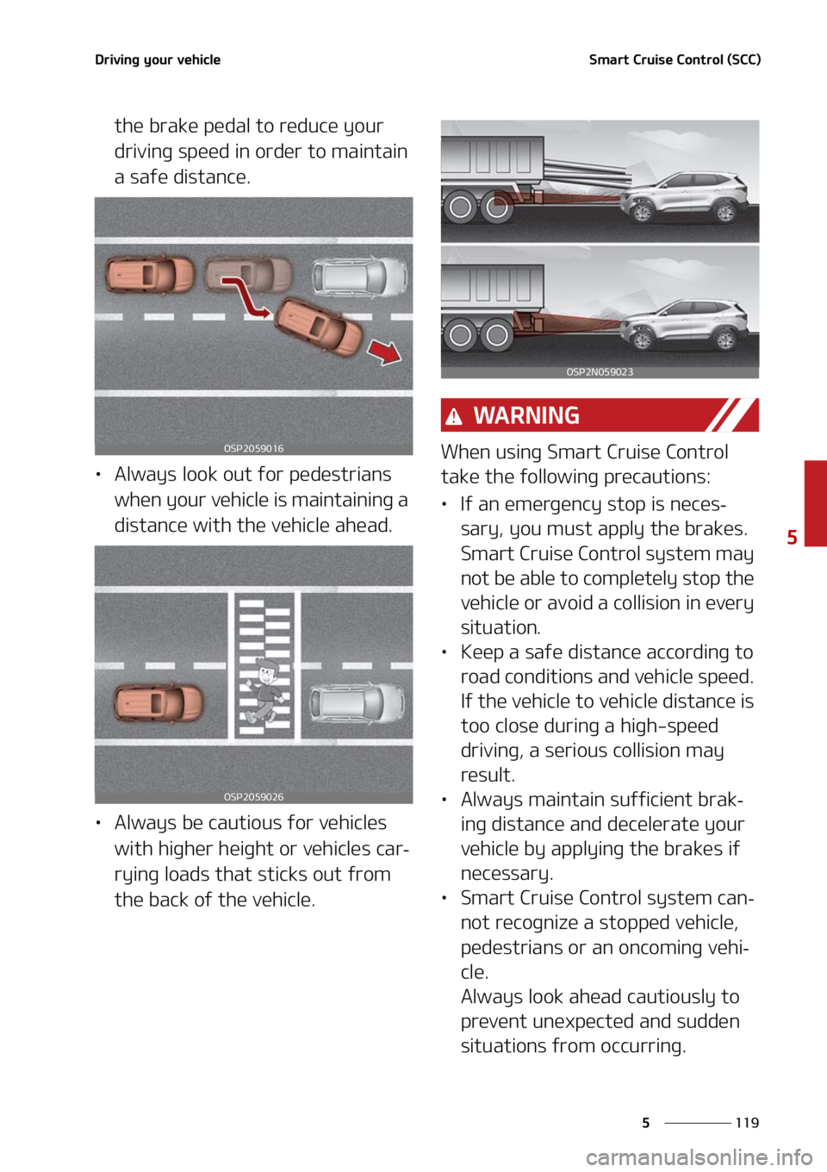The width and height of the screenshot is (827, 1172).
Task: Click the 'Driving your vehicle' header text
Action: pyautogui.click(x=158, y=59)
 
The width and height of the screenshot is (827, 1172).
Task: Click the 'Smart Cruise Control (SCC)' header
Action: pyautogui.click(x=675, y=59)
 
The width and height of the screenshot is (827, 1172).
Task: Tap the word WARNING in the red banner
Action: pyautogui.click(x=526, y=415)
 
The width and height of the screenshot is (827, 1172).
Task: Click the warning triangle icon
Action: pyautogui.click(x=454, y=417)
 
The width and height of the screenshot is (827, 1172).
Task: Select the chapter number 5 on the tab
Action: pyautogui.click(x=792, y=536)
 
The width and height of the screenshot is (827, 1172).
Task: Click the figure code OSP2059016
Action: pyautogui.click(x=253, y=448)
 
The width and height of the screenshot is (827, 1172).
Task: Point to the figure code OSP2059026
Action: pyautogui.click(x=253, y=796)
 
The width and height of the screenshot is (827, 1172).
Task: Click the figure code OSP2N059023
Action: pyautogui.click(x=600, y=372)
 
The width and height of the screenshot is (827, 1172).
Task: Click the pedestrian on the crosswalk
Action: pyautogui.click(x=264, y=690)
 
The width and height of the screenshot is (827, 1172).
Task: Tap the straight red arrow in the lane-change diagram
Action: pyautogui.click(x=384, y=352)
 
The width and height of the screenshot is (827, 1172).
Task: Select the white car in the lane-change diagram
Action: pyautogui.click(x=359, y=276)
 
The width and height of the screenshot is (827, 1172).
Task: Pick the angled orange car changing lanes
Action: pyautogui.click(x=319, y=327)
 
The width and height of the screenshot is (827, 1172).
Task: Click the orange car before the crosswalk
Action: pyautogui.click(x=159, y=703)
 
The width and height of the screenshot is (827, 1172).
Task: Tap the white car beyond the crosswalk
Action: pyautogui.click(x=357, y=703)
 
